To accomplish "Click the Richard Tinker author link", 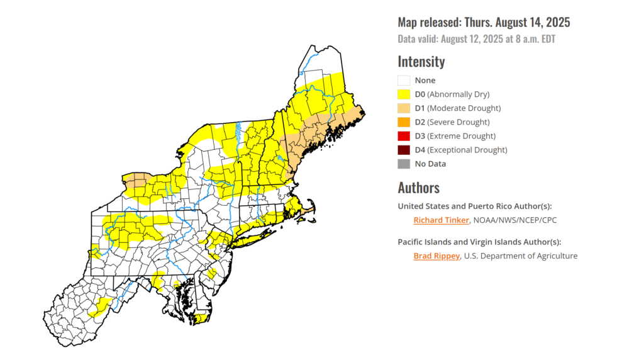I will pos(441,220).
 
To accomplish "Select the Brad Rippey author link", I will pos(437,256).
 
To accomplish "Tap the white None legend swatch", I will pos(404,81).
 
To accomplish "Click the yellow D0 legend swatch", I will pos(404,94).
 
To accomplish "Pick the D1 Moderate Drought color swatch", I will pos(404,108).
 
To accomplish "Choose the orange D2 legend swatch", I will pos(404,122).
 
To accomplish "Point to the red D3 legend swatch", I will pos(404,136).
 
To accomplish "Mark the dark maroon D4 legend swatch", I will pos(404,150).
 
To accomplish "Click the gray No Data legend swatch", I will pos(404,164).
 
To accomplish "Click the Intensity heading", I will pos(421,62).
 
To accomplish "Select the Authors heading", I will pos(418,188).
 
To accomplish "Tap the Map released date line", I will pos(484,23).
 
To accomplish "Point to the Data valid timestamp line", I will pos(476,39).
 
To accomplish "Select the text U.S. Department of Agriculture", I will pos(521,256).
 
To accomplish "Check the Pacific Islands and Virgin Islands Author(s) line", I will pos(479,242).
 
